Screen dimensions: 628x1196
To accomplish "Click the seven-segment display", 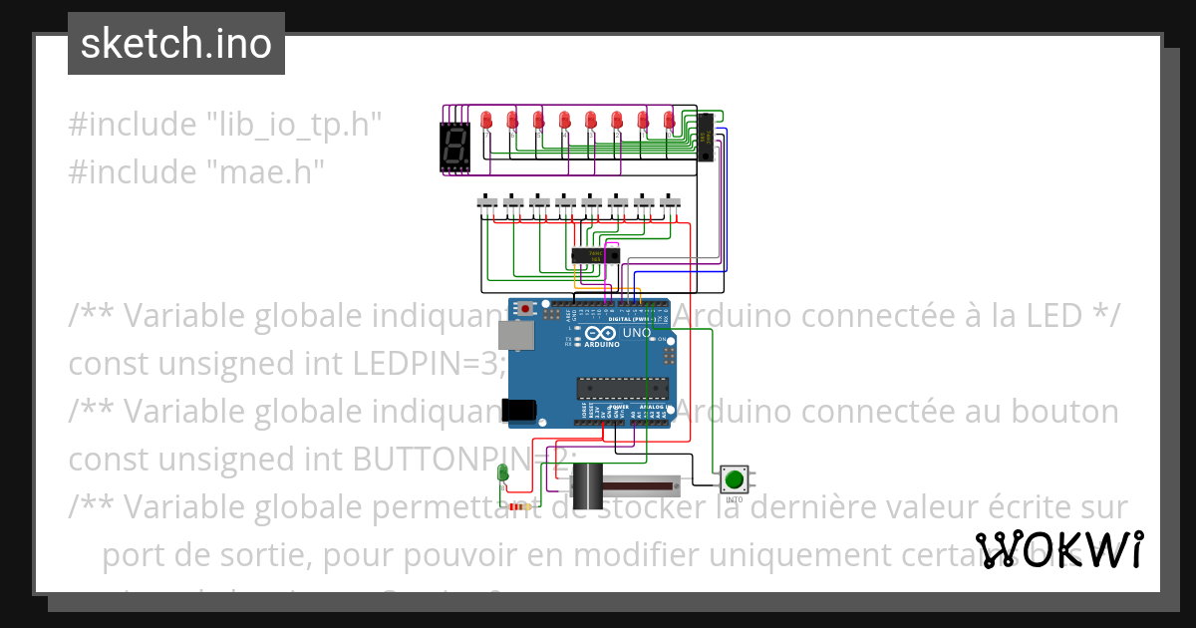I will click(455, 147).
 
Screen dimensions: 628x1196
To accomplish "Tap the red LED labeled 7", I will click(486, 121).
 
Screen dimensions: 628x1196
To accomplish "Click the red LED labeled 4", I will click(564, 121).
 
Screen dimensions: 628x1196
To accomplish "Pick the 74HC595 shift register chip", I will click(705, 139).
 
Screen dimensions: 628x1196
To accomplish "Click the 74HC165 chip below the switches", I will click(595, 255).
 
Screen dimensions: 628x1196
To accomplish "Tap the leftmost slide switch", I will click(487, 203).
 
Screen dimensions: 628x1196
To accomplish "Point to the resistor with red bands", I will click(518, 506).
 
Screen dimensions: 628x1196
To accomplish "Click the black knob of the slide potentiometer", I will click(588, 487).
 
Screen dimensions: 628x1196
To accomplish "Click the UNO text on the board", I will click(636, 333).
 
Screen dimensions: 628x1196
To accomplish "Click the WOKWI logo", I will click(1059, 550).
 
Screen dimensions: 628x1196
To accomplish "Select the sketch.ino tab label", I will click(176, 44).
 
